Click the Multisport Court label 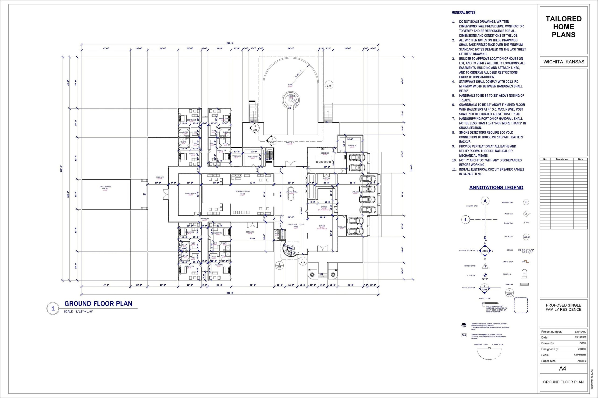point(105,188)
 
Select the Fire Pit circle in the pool point(291,99)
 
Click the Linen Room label point(190,194)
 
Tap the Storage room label point(352,146)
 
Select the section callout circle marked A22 point(329,85)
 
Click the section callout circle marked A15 point(279,266)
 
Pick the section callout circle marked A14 point(303,261)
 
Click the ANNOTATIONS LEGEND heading point(496,188)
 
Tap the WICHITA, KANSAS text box point(563,62)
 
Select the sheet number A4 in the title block point(562,369)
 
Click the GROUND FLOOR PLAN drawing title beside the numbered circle point(98,304)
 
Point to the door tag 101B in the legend point(526,237)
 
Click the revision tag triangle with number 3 point(485,266)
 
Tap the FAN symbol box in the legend point(464,335)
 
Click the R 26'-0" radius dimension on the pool point(298,74)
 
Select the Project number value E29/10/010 point(580,332)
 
